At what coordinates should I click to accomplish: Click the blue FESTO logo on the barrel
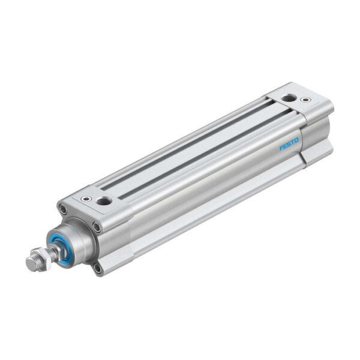click(x=289, y=145)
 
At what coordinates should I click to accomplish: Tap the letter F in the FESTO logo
click(x=280, y=148)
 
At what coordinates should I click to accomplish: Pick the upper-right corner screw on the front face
click(x=97, y=226)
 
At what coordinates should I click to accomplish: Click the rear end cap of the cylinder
click(x=306, y=120)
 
